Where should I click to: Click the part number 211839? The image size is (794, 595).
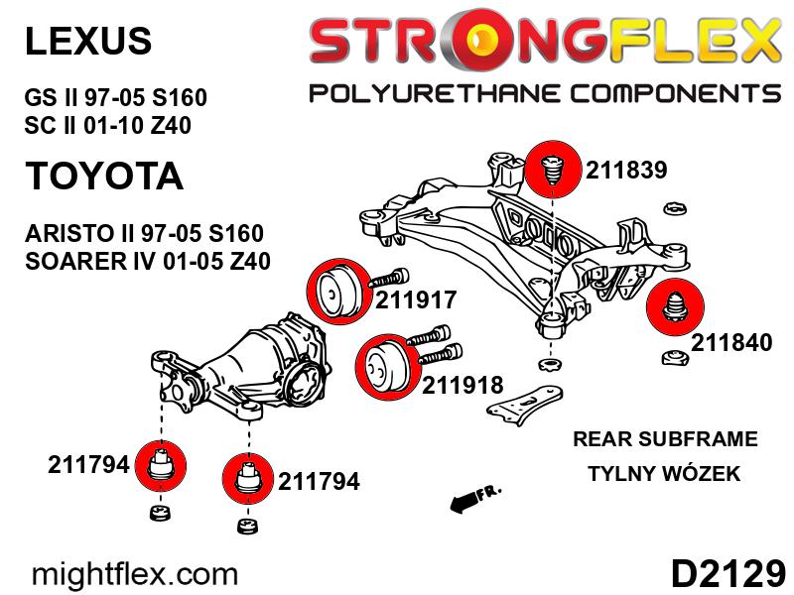point(626,170)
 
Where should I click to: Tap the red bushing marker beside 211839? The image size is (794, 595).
point(553,170)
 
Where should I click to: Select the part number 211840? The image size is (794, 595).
point(731,342)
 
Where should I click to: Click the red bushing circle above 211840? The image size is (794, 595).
point(675,306)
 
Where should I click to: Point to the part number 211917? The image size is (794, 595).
point(416,299)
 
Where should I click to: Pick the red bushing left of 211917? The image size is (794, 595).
point(335,291)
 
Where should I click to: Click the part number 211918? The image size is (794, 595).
point(463,385)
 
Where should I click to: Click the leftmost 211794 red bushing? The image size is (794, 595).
point(161,466)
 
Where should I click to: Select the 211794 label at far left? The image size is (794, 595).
point(88,464)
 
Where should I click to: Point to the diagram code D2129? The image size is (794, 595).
point(728,574)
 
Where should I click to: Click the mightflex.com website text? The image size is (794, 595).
point(135,575)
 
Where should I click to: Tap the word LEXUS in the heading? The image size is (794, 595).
point(88,41)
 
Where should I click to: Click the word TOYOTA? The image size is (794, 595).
point(104,176)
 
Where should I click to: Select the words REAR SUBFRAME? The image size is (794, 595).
point(665,438)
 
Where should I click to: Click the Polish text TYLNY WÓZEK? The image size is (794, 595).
point(664,474)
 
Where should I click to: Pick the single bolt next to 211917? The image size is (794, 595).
point(389,279)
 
